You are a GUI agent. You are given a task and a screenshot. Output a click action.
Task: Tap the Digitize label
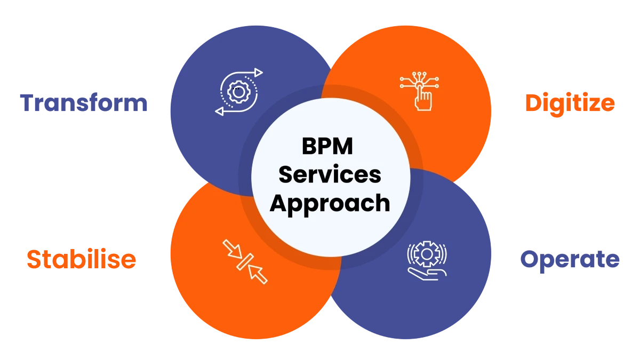coord(569,103)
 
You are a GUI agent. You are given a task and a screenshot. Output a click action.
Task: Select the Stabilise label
coord(81,259)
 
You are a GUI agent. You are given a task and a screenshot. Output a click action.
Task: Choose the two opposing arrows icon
coord(245,261)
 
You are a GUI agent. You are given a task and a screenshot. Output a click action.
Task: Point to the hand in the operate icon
coord(426,274)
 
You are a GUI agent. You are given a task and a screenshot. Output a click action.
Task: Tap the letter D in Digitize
coord(534,103)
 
